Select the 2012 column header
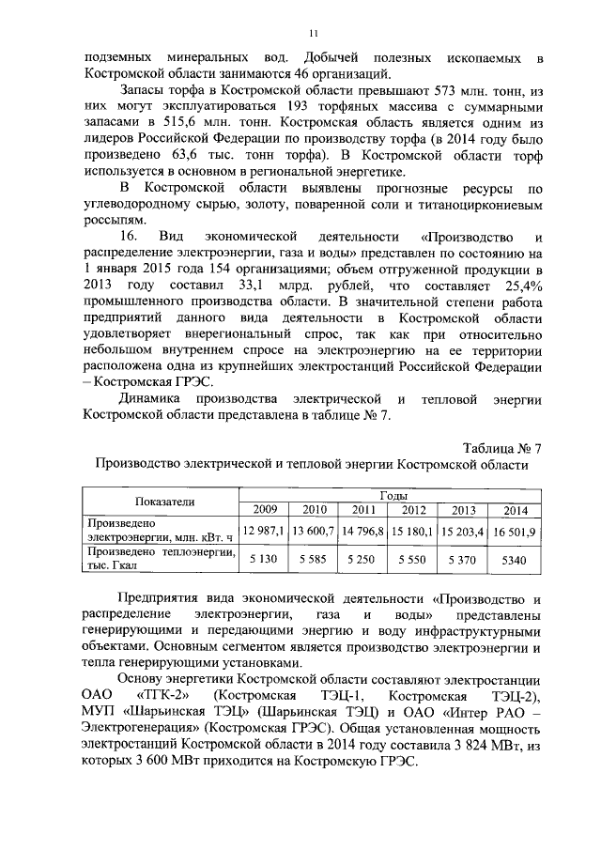[413, 510]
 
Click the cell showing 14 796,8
[362, 532]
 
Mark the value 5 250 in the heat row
[362, 560]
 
